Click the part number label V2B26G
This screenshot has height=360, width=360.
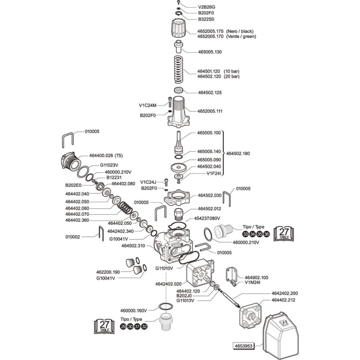[x=207, y=7]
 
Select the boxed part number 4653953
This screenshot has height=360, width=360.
[x=243, y=346]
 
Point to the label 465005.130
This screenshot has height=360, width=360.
[x=210, y=52]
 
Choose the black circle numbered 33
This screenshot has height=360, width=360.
[x=245, y=234]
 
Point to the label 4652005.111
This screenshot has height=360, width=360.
[x=210, y=111]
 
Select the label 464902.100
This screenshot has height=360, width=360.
[x=256, y=277]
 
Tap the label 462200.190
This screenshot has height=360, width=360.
[x=108, y=272]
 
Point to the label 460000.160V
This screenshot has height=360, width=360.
[x=134, y=310]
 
